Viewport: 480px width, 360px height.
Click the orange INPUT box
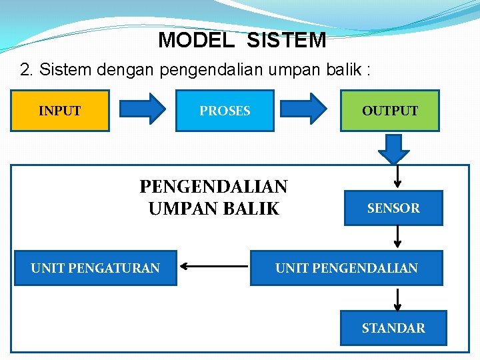60,111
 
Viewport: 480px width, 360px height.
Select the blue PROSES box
225,111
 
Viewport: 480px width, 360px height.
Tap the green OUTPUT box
390,111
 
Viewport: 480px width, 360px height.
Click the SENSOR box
393,209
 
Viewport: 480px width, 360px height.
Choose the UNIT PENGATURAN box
95,268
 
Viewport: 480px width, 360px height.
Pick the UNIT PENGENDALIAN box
347,268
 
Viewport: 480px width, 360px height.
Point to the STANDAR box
393,328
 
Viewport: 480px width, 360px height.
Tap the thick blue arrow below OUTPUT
393,149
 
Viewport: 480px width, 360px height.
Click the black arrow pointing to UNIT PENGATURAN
213,268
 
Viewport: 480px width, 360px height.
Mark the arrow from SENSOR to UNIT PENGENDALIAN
397,237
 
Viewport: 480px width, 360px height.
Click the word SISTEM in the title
286,40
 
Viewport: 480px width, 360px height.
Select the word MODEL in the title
196,40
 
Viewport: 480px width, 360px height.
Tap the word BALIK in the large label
252,209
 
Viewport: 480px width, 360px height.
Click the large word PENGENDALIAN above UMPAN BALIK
213,186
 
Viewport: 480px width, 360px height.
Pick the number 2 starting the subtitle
25,70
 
